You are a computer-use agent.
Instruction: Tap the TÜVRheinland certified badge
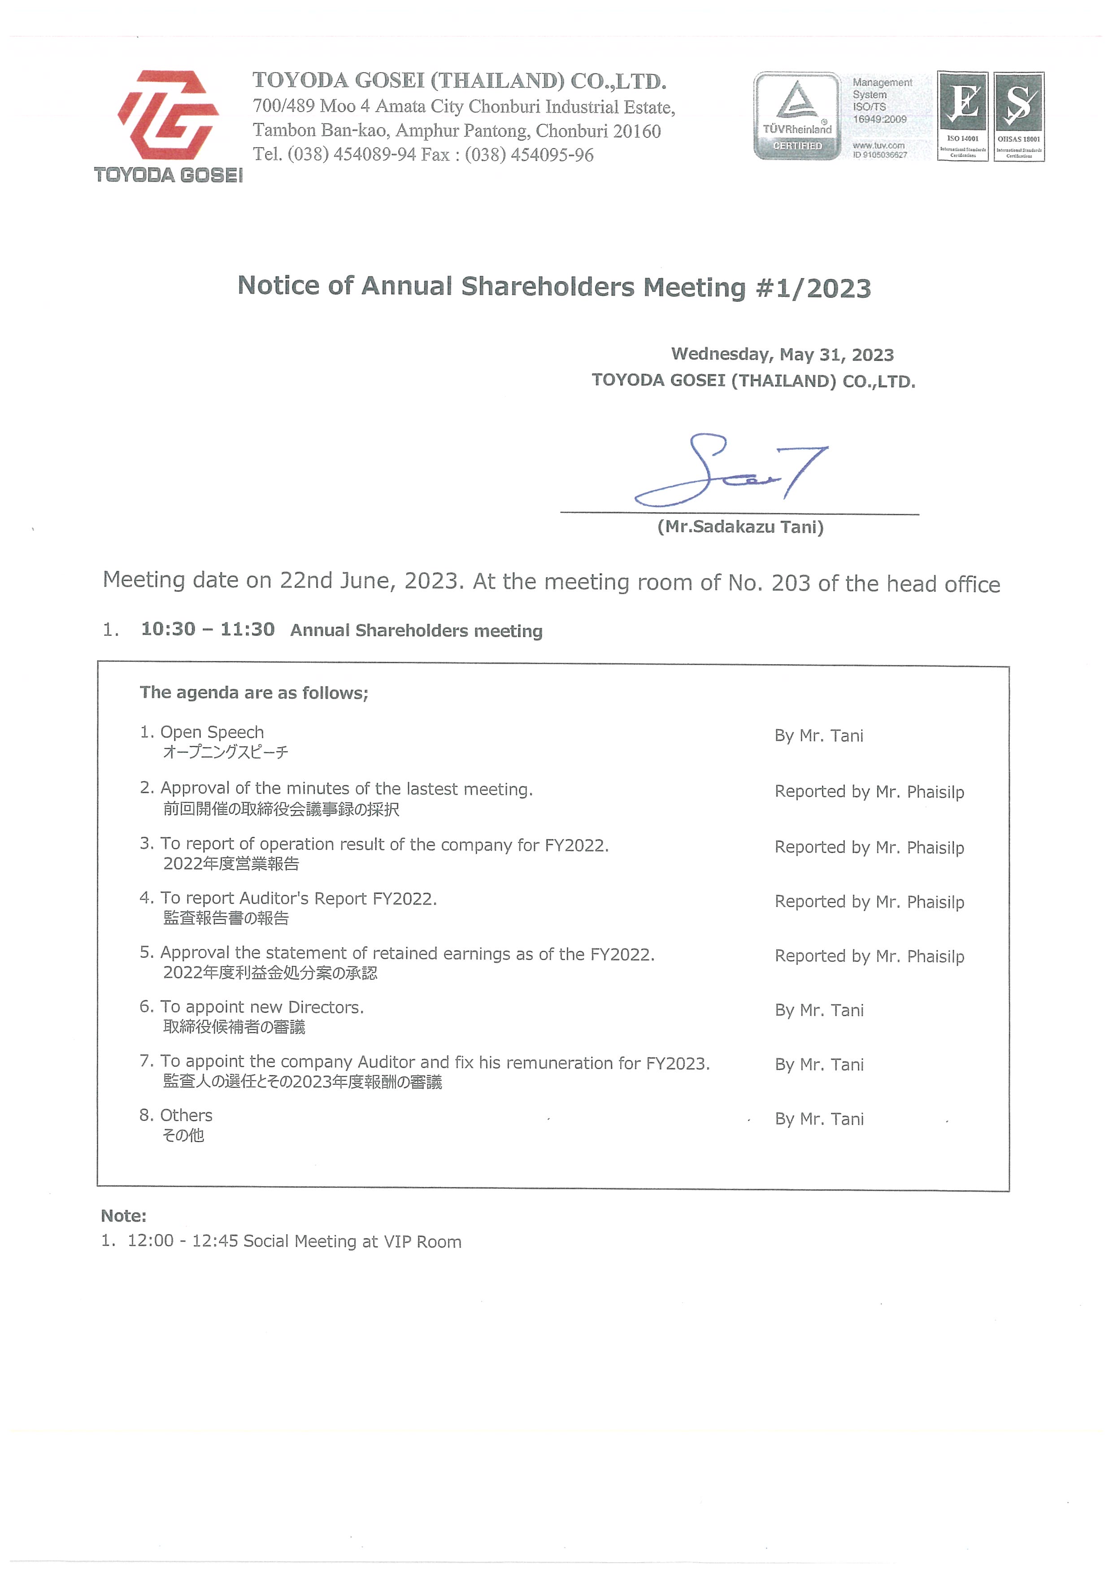point(797,116)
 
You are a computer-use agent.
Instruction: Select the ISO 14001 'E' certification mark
point(962,116)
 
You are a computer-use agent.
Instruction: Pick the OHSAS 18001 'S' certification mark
point(1019,116)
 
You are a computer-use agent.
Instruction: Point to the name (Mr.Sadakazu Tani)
point(740,527)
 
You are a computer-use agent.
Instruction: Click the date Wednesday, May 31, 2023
point(782,354)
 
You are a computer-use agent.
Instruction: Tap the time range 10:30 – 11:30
point(208,629)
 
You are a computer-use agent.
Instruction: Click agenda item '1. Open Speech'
point(202,732)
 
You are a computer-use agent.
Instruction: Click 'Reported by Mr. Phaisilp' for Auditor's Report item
point(869,902)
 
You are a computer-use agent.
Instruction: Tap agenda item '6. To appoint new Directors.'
point(252,1007)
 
